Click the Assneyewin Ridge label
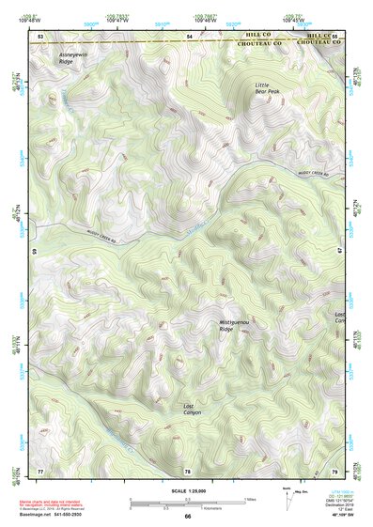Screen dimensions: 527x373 72,59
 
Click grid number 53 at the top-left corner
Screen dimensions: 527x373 40,36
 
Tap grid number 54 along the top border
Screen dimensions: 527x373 189,36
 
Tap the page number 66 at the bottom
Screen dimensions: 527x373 187,517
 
